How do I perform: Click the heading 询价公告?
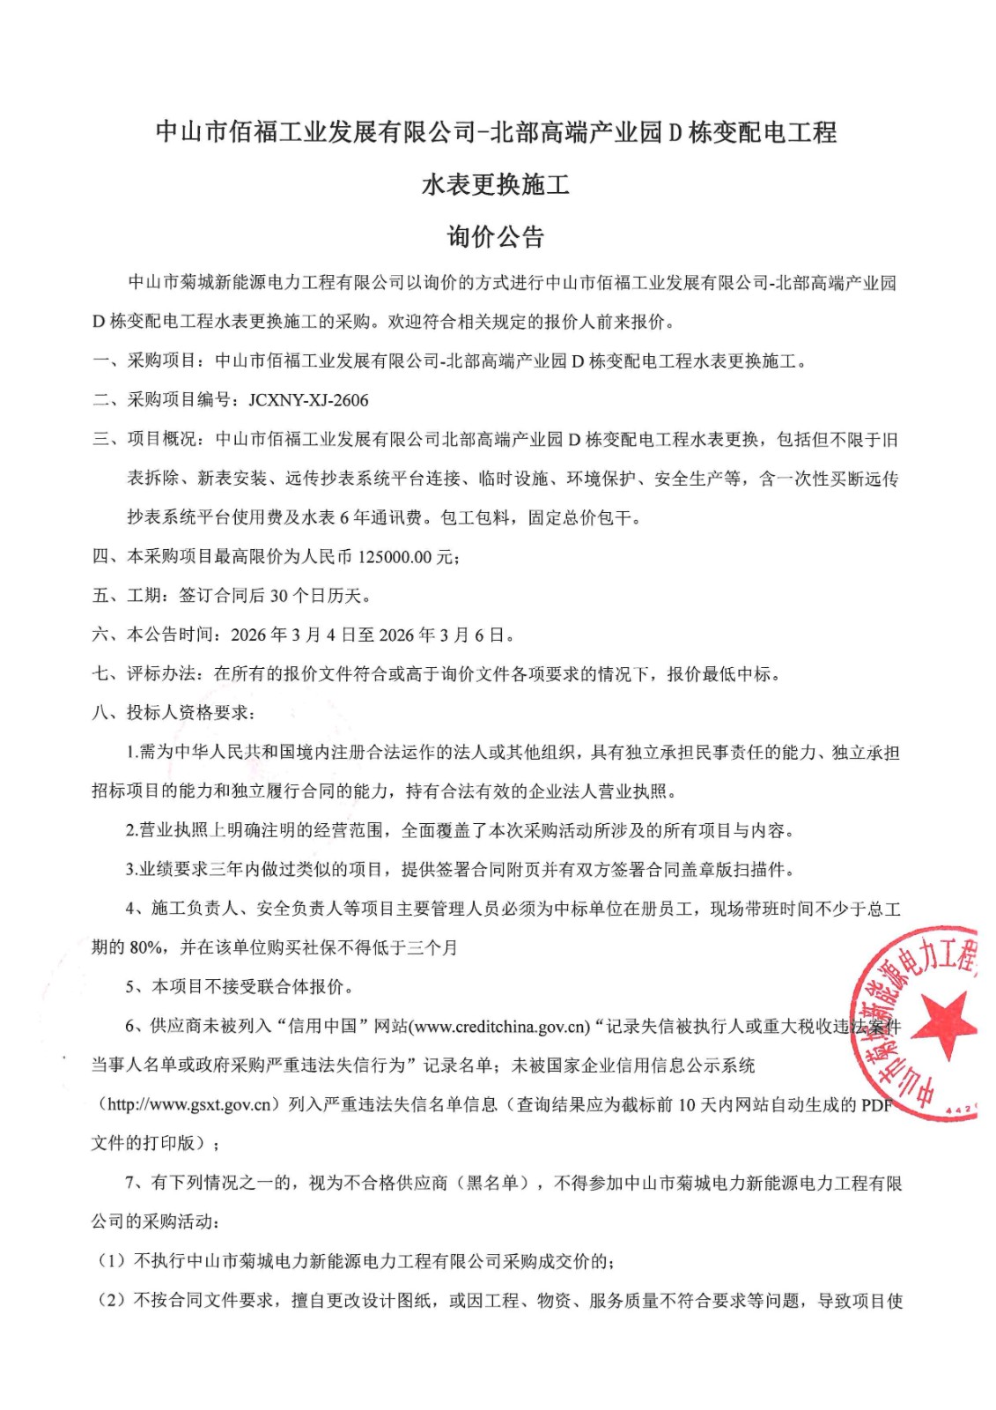point(496,236)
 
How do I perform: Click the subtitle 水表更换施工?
point(496,184)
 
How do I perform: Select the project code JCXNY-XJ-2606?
point(308,400)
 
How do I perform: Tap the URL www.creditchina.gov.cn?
point(500,1027)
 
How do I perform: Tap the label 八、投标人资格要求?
point(173,713)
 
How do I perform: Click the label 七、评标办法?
point(146,674)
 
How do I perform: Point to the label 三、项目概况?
point(146,440)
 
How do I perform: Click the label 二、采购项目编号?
point(164,400)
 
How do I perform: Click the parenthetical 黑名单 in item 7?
point(491,1183)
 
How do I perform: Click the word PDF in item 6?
point(877,1105)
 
